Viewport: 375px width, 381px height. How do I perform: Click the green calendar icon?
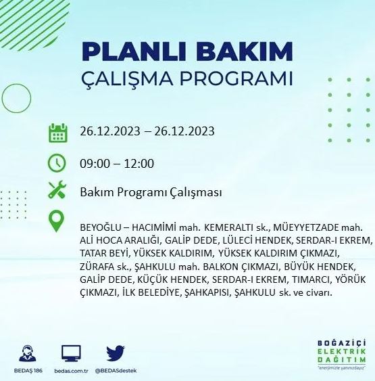tap(58, 132)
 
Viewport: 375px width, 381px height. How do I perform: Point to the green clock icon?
tap(57, 163)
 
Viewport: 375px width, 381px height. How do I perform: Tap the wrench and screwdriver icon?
tap(57, 192)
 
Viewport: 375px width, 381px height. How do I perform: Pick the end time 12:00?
tap(140, 163)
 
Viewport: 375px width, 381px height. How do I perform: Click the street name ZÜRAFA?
tap(98, 266)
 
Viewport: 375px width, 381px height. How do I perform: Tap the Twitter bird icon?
tap(116, 353)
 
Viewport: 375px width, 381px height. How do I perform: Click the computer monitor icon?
tap(71, 353)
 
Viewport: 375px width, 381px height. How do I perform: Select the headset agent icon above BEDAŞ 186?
tap(28, 353)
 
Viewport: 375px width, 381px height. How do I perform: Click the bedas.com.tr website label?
tap(71, 371)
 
